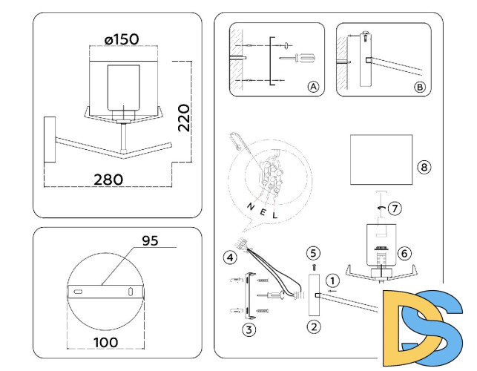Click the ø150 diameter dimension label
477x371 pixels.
click(122, 39)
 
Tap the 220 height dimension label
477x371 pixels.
click(184, 118)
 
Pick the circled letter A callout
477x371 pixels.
click(312, 87)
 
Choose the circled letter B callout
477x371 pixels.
click(419, 87)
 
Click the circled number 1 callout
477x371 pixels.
click(334, 280)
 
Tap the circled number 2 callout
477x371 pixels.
click(313, 325)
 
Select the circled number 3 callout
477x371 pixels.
click(250, 329)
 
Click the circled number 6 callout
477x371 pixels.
click(404, 253)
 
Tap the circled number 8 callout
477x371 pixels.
click(424, 167)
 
